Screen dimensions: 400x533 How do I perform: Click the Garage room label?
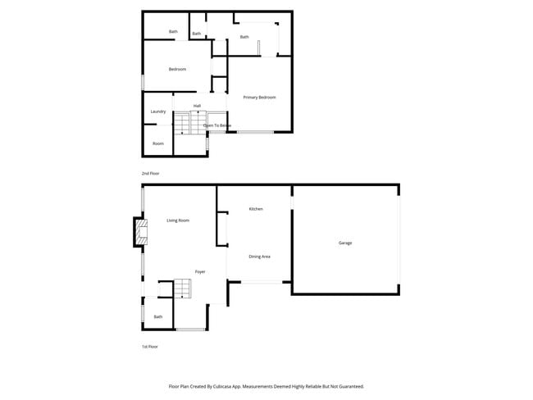(345, 243)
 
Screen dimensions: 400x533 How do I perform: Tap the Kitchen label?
(256, 210)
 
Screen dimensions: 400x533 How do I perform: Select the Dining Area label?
(260, 257)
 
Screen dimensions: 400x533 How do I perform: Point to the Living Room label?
(178, 220)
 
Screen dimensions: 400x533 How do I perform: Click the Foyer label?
(199, 271)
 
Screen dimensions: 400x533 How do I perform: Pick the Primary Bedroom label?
(259, 98)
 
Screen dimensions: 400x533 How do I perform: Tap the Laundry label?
(158, 111)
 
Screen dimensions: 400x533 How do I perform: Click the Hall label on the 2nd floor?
(198, 106)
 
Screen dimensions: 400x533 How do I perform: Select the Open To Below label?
(217, 125)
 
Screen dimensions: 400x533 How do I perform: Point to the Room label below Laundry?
(157, 143)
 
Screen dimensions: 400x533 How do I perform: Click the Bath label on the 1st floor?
(157, 316)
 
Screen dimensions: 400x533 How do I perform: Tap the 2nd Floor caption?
(150, 174)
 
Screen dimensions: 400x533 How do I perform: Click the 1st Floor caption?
(150, 347)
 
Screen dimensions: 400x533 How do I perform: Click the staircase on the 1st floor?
(181, 289)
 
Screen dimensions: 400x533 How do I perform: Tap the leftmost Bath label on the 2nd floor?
(173, 32)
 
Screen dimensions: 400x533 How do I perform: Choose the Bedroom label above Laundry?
(177, 69)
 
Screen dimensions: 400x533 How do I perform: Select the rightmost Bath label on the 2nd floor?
(244, 37)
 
